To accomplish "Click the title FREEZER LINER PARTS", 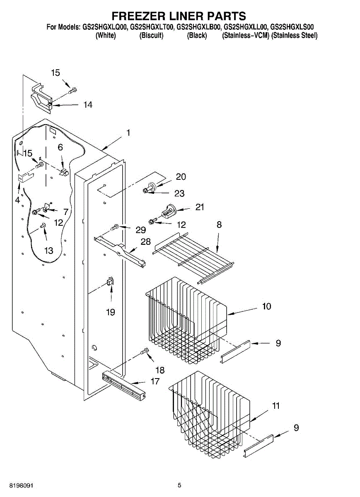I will coord(179,16).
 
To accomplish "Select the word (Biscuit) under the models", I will coord(152,36).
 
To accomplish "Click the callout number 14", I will coord(87,105).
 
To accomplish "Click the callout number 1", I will coord(128,133).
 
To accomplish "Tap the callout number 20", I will coord(181,176).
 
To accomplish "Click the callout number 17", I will coord(155,381).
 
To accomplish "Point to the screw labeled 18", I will coord(145,352).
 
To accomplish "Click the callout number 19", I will coord(111,312).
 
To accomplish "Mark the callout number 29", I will coord(141,230).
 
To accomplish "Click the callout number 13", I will coord(49,250).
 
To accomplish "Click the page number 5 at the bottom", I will coord(179,485).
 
